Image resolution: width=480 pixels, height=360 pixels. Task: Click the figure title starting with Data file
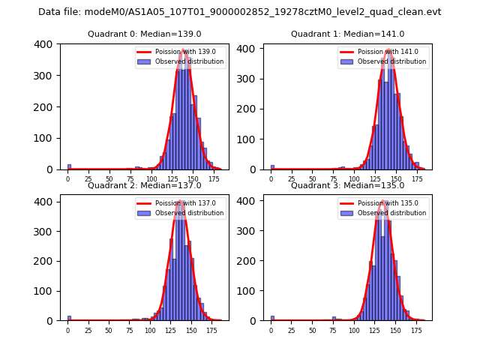[240, 12]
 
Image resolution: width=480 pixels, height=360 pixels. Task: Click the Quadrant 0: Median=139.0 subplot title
[145, 34]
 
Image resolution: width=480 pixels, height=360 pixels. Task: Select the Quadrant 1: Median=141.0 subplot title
[347, 34]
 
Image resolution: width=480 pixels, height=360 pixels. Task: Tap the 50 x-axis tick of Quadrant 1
[313, 179]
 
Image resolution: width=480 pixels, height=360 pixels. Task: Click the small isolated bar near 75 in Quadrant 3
[334, 319]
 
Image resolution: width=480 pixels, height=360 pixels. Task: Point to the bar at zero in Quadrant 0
[69, 166]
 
